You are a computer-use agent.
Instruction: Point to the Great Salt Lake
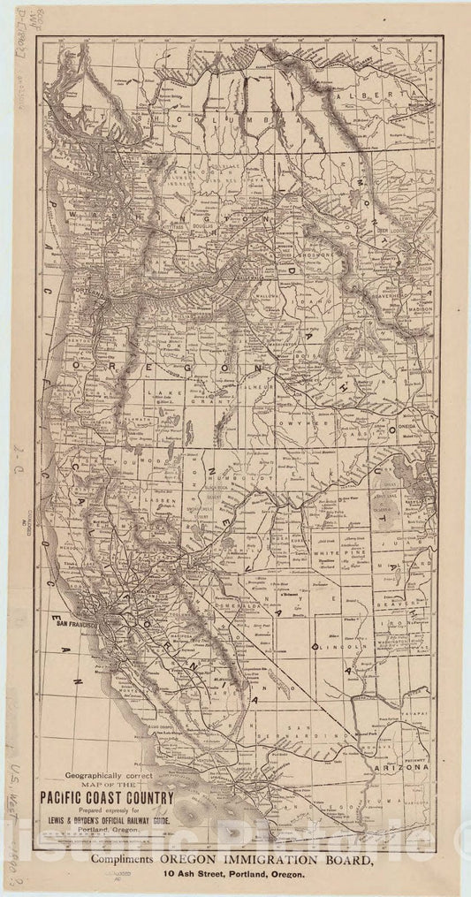405,477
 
